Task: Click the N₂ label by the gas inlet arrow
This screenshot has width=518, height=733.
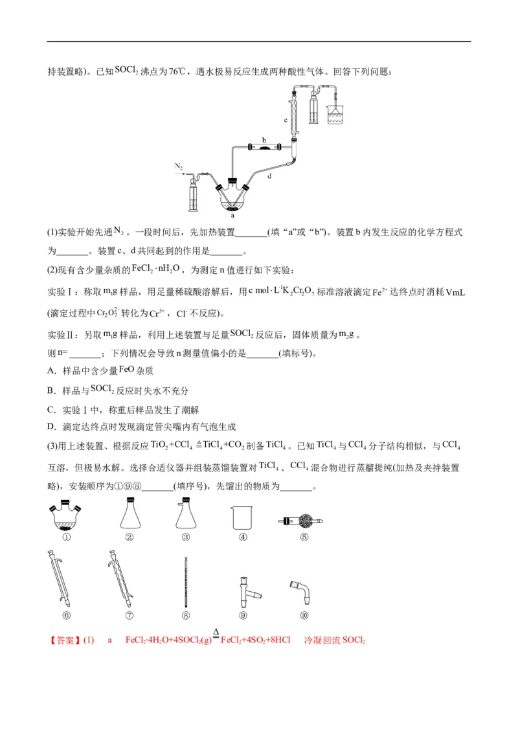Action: click(179, 166)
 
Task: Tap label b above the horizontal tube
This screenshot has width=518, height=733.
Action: click(264, 139)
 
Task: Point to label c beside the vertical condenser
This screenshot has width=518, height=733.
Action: click(286, 120)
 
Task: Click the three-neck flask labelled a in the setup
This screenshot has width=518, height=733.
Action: click(232, 197)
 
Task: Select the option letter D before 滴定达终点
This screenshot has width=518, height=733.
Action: click(51, 427)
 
